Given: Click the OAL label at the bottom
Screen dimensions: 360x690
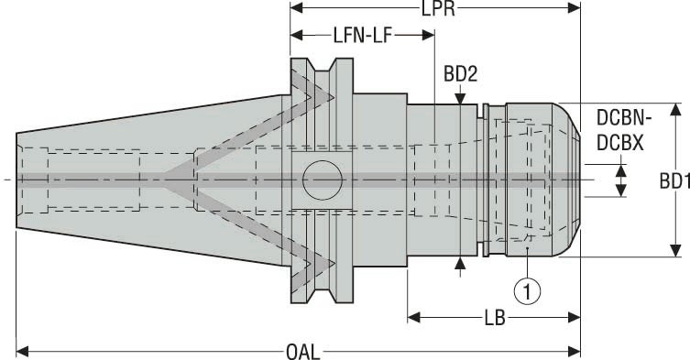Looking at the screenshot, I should coord(297,349).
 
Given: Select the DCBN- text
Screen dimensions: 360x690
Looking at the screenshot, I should coord(624,119).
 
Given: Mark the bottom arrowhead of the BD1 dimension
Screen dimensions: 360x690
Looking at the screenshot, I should coord(674,250).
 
